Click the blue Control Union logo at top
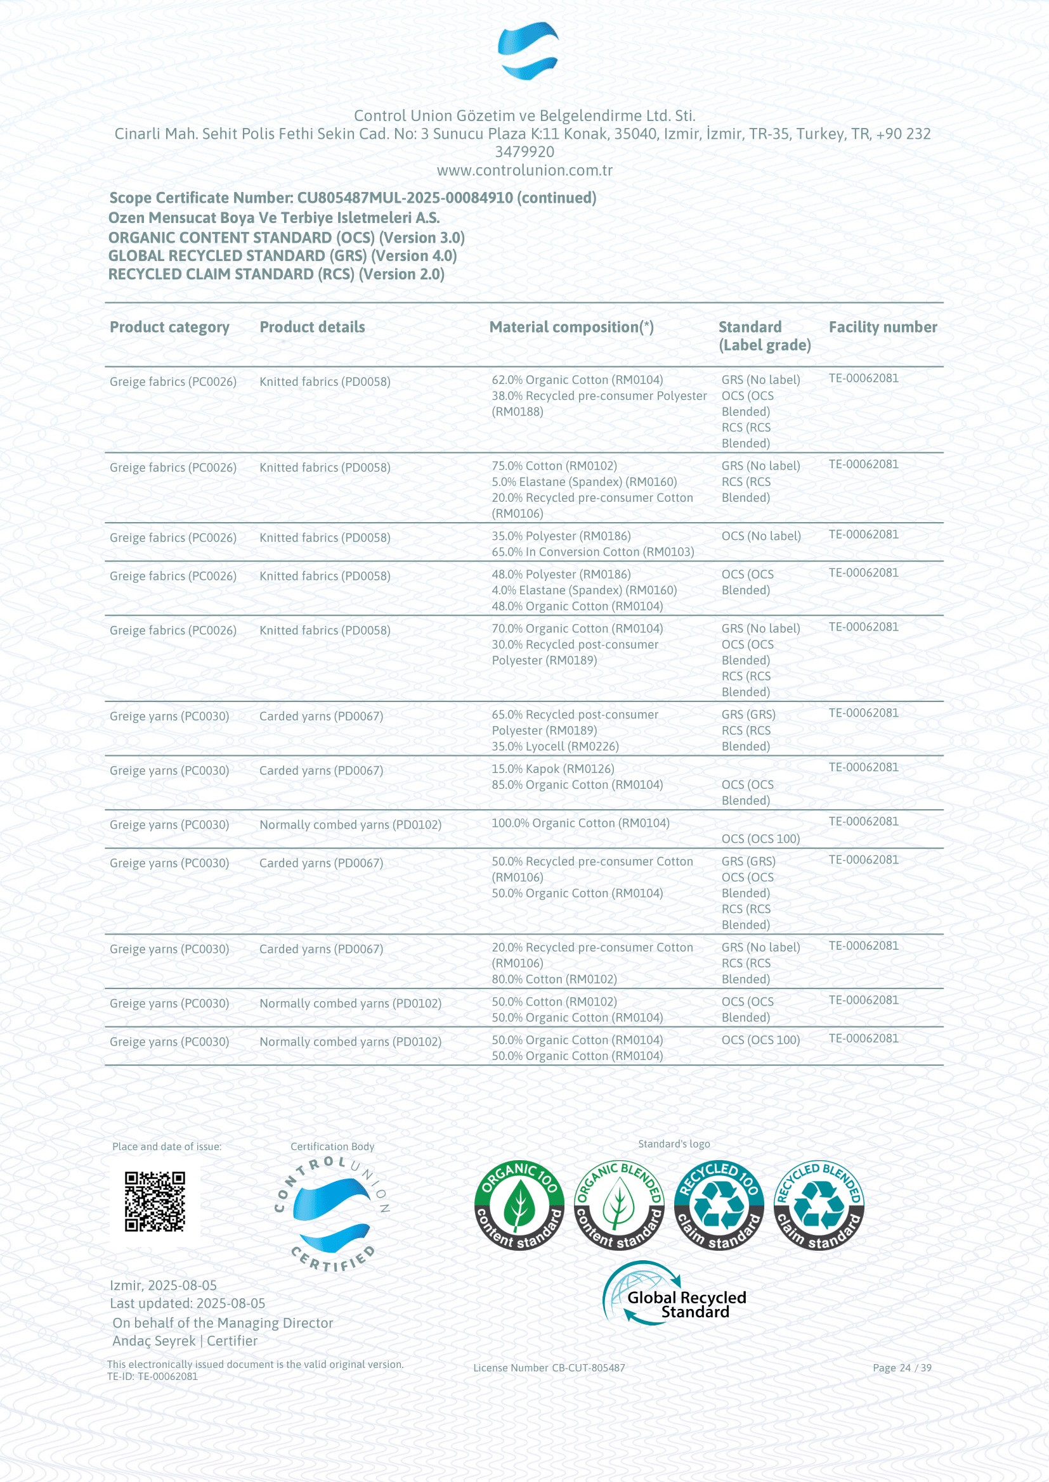coord(528,50)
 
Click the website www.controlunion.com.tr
coord(524,170)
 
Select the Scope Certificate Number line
coord(352,198)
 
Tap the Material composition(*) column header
coord(571,327)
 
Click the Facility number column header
coord(882,327)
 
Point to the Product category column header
coord(169,327)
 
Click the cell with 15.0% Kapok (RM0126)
coord(553,769)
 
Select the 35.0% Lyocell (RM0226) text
coord(555,746)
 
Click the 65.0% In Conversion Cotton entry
coord(592,552)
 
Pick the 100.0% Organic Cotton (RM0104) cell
coord(580,823)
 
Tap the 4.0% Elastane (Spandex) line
coord(584,590)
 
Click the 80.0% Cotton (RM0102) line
coord(554,979)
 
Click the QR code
coord(154,1202)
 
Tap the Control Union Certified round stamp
coord(332,1213)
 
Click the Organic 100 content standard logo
coord(519,1205)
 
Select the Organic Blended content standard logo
coord(619,1205)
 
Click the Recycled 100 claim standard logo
coord(719,1205)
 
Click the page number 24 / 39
coord(902,1368)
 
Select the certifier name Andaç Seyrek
coord(153,1341)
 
